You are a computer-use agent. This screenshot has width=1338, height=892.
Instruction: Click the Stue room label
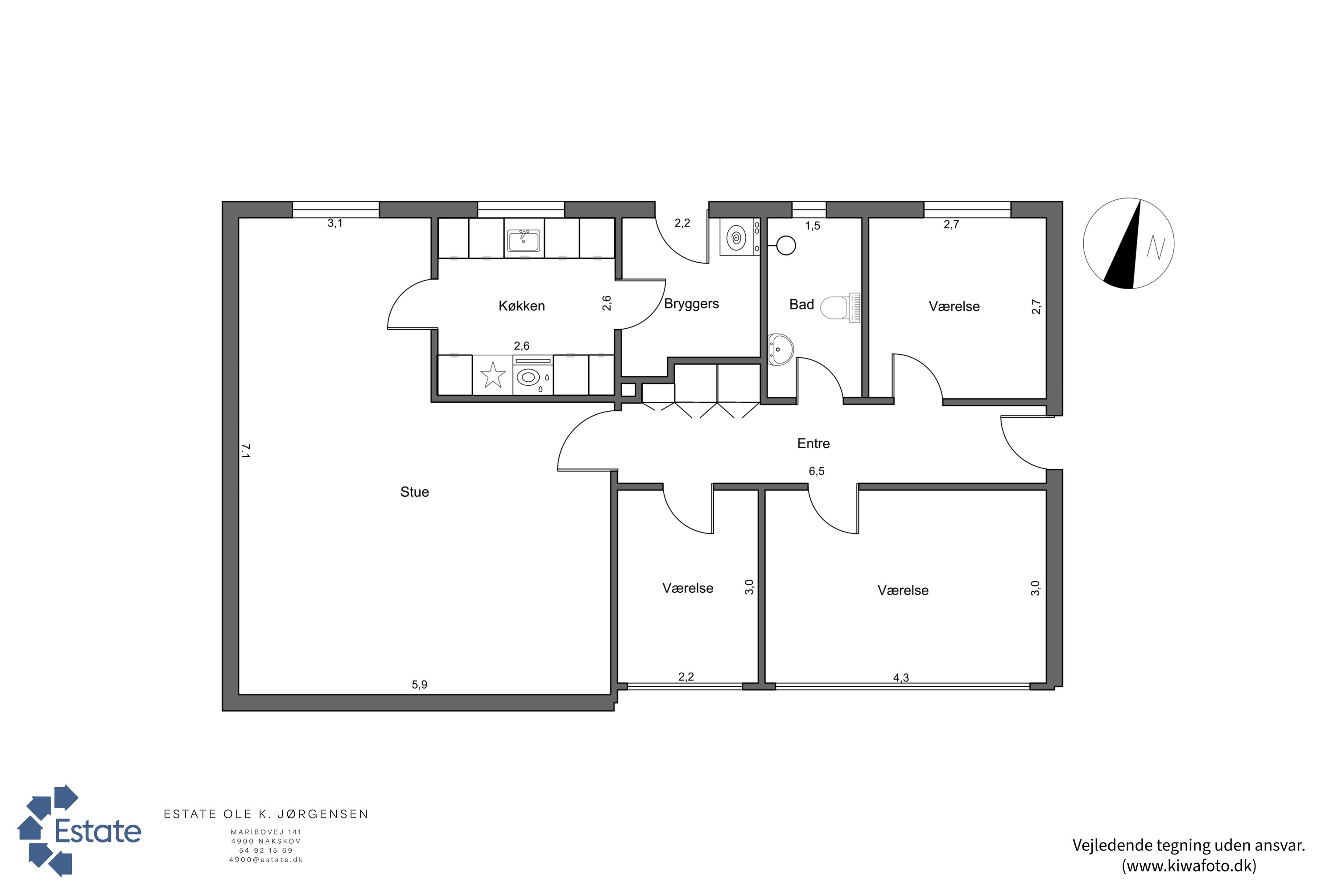[x=414, y=492]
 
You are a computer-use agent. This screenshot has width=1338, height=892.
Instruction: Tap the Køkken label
[x=522, y=306]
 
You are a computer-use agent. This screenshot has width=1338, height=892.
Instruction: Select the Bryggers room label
[x=691, y=304]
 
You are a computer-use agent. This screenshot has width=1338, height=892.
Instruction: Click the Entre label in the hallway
[x=814, y=444]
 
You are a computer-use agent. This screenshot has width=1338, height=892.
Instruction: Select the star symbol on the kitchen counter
[x=493, y=376]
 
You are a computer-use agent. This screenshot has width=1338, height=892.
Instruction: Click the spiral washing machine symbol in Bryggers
[x=736, y=238]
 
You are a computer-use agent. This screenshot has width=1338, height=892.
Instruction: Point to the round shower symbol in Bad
[x=785, y=246]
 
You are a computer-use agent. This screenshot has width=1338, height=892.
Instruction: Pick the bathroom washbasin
[x=780, y=349]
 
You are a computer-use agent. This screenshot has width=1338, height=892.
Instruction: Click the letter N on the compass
[x=1156, y=248]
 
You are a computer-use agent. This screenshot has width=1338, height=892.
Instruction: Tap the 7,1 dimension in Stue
[x=245, y=451]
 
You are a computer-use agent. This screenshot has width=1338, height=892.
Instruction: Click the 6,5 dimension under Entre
[x=816, y=471]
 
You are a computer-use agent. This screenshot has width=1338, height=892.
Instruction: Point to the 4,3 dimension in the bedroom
[x=901, y=677]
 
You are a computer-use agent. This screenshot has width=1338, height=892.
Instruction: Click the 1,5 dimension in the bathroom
[x=812, y=226]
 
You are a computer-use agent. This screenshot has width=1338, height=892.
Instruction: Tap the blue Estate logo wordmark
[x=98, y=831]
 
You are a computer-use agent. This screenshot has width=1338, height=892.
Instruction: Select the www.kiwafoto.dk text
[x=1189, y=865]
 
